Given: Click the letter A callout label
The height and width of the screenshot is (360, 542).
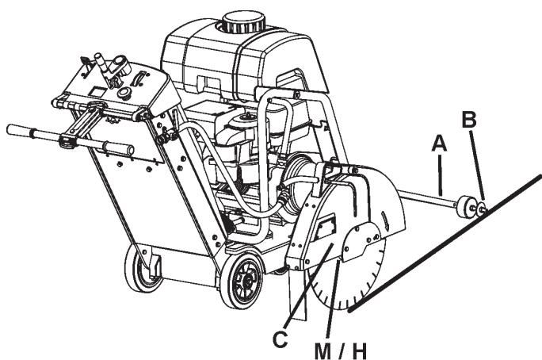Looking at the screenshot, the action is pyautogui.click(x=439, y=144).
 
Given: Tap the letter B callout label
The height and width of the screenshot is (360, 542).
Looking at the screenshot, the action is pyautogui.click(x=469, y=120).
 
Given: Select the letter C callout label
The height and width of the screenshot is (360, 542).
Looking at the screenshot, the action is pyautogui.click(x=280, y=339).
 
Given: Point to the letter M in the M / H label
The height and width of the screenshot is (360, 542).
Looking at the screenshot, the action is pyautogui.click(x=323, y=351).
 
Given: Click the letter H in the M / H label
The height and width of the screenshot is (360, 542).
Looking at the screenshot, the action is pyautogui.click(x=359, y=351).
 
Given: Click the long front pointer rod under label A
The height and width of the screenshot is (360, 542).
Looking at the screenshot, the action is pyautogui.click(x=427, y=200).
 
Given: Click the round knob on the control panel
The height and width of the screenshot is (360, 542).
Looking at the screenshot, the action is pyautogui.click(x=124, y=92).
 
